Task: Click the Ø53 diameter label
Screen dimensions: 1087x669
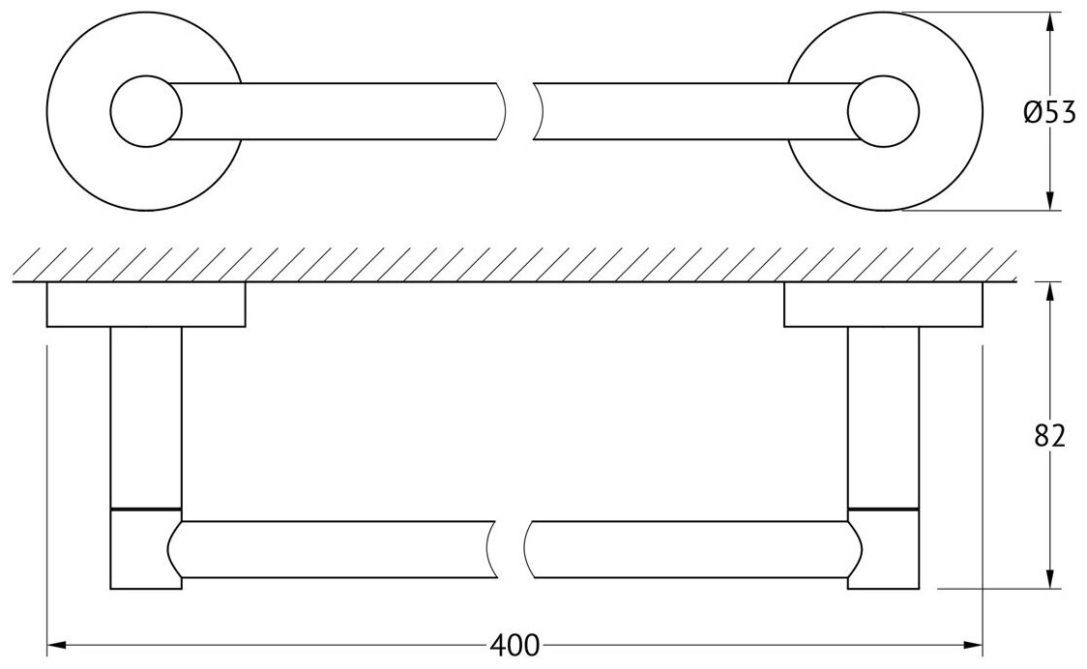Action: click(1048, 113)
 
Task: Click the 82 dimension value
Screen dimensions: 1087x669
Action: click(1048, 436)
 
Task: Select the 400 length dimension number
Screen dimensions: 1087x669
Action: click(514, 645)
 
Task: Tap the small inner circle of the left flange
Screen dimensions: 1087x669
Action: click(145, 111)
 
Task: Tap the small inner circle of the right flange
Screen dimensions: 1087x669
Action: click(882, 111)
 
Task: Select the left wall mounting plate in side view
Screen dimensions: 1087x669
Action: click(145, 305)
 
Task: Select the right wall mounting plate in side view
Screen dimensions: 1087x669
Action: click(882, 305)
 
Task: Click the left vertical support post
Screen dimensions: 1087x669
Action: click(146, 416)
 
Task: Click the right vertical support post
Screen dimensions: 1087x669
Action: click(882, 416)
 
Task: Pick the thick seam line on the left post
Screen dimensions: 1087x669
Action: click(146, 508)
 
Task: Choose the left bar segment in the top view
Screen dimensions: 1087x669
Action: click(338, 111)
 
